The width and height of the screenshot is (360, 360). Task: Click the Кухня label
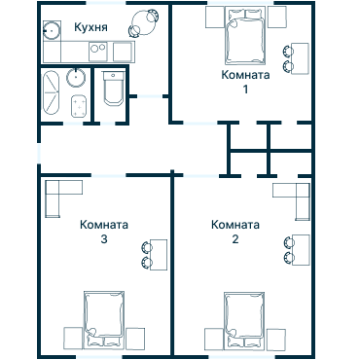click(x=90, y=27)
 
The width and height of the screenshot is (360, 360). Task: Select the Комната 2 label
click(x=234, y=232)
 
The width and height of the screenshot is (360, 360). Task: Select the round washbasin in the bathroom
click(x=77, y=77)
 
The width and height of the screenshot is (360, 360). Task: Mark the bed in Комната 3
click(x=103, y=316)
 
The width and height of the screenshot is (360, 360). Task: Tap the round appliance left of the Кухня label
click(x=52, y=29)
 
